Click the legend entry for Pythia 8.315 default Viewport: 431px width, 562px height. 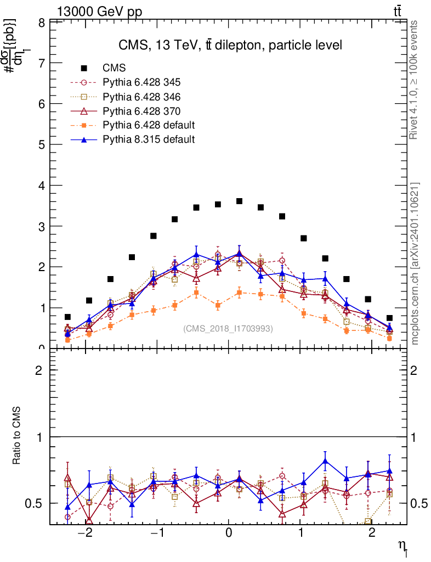click(148, 139)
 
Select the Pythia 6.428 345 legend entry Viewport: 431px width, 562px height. click(141, 82)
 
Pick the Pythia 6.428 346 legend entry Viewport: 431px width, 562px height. click(141, 97)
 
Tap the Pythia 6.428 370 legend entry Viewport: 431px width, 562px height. click(141, 111)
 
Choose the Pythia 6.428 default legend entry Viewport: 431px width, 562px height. click(148, 125)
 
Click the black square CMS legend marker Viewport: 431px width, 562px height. click(84, 68)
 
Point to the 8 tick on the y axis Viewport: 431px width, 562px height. click(42, 23)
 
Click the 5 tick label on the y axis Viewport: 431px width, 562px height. click(42, 145)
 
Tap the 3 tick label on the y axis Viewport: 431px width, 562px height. click(42, 226)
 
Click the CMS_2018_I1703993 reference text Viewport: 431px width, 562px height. click(228, 329)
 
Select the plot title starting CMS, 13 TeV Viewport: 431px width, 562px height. click(230, 45)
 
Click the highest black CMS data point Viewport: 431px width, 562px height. click(239, 201)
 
